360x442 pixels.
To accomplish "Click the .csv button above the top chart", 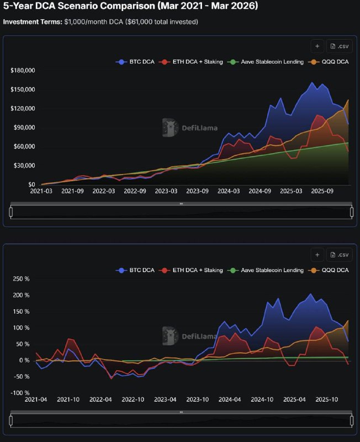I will click(x=339, y=46).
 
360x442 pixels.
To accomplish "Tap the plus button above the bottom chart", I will click(x=317, y=255).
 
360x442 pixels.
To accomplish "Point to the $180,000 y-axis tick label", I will click(x=23, y=71).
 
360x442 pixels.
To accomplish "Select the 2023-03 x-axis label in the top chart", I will click(x=166, y=191).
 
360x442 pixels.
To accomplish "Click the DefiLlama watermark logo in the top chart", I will click(x=170, y=128).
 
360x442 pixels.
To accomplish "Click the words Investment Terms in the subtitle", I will click(x=31, y=22).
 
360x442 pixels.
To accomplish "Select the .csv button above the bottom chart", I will click(x=339, y=255).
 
